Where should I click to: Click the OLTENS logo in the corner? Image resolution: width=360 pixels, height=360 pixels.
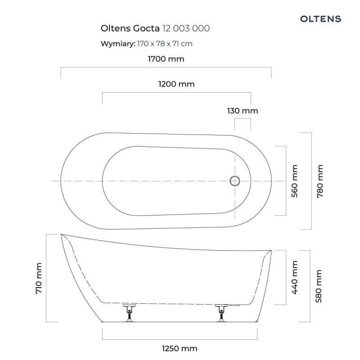(320, 19)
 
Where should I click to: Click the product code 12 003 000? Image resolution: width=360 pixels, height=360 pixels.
(186, 28)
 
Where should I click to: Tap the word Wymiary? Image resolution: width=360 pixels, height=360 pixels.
(118, 44)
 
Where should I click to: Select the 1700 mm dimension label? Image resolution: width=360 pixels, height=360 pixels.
(166, 59)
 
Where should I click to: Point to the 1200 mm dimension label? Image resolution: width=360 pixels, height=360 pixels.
(176, 84)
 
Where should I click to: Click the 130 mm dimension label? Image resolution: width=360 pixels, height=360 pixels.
(243, 111)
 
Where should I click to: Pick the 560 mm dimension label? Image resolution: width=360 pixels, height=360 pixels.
(294, 181)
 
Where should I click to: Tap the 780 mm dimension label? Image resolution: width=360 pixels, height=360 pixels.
(320, 181)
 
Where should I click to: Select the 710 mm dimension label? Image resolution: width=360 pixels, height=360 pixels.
(39, 278)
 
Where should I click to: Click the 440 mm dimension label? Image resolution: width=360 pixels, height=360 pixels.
(294, 277)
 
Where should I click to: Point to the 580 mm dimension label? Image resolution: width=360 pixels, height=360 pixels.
(319, 286)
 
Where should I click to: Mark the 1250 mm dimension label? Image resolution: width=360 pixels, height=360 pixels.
(180, 348)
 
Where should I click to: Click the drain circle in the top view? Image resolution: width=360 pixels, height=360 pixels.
(234, 181)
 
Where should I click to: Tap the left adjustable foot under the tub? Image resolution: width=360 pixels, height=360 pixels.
(130, 313)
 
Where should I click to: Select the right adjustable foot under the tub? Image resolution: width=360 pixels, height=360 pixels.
(221, 313)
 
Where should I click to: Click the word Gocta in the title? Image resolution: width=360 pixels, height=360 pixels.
(147, 28)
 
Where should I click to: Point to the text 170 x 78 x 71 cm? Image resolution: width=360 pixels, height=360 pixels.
(165, 44)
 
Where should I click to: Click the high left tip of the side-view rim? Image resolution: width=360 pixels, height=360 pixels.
(61, 234)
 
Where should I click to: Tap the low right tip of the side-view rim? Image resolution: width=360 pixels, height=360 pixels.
(271, 251)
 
